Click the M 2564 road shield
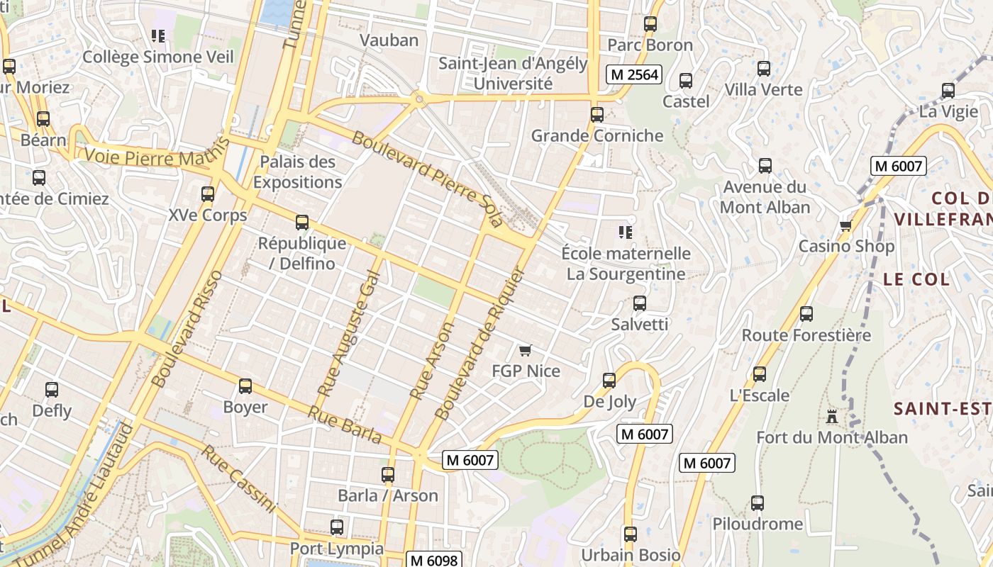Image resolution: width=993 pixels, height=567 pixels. [x=633, y=74]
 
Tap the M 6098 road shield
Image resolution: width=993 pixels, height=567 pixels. [x=435, y=559]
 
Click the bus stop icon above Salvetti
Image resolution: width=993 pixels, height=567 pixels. [x=639, y=303]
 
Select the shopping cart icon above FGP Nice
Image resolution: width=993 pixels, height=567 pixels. [x=525, y=350]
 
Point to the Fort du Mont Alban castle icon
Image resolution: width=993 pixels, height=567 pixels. [x=831, y=416]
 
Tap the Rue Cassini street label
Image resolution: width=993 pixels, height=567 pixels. [x=238, y=478]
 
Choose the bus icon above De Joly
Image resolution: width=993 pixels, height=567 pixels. [x=609, y=381]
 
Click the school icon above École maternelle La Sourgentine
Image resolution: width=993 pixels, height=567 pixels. [x=625, y=232]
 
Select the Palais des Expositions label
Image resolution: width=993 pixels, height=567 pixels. [x=298, y=172]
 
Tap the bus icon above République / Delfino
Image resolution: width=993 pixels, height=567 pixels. [x=302, y=223]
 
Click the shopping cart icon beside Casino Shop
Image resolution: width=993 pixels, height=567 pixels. [x=845, y=225]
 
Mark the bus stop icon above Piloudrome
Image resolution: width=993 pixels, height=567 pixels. [x=758, y=503]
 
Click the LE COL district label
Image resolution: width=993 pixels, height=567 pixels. [x=916, y=279]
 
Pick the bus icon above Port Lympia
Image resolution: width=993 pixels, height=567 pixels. [x=337, y=527]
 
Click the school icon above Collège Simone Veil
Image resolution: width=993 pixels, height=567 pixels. [x=158, y=35]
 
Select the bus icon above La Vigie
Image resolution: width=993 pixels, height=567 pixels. [x=948, y=91]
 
